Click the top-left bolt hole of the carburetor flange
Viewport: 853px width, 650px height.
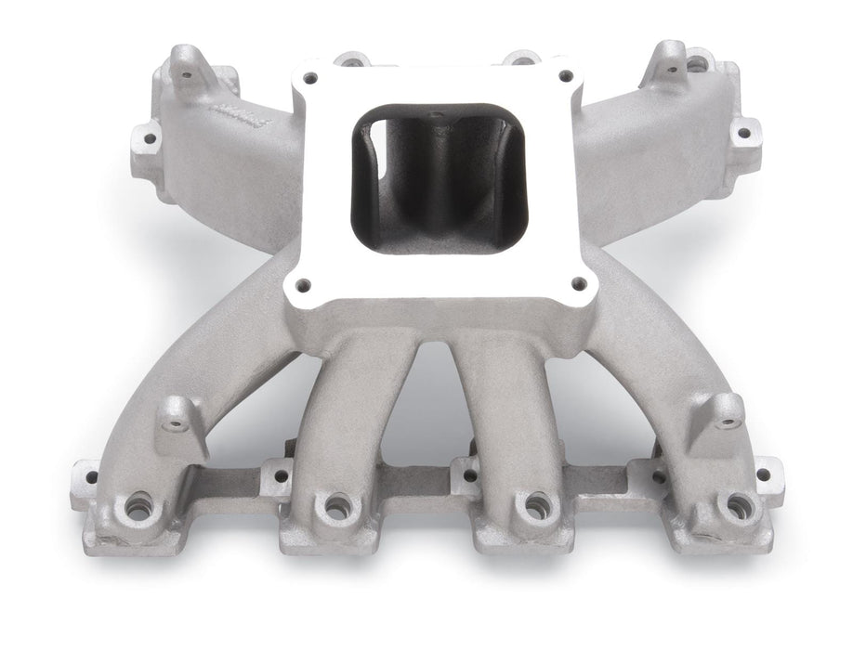(310, 78)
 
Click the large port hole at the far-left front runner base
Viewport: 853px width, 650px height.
(139, 506)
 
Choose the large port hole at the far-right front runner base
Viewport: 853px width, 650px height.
(739, 506)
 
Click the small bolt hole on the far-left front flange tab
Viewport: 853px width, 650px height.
(90, 477)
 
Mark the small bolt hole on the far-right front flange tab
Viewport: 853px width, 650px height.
(763, 474)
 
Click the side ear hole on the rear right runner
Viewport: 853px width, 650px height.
(742, 133)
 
